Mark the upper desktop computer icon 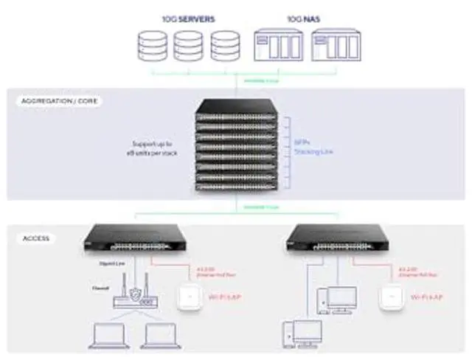338,299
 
